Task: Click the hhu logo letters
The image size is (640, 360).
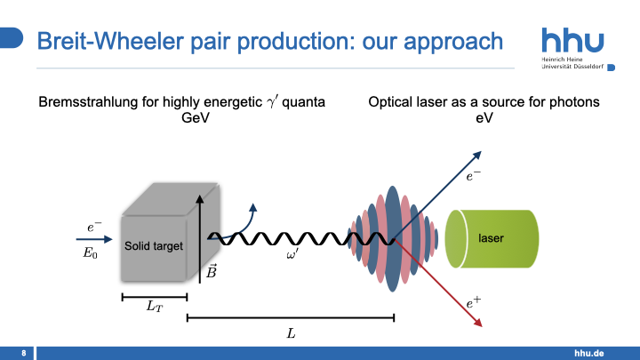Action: point(572,41)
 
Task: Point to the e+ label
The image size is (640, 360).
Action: point(474,304)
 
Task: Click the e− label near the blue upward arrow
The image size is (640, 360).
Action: point(474,177)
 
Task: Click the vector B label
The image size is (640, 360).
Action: point(211,272)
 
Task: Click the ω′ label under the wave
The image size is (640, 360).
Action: point(292,255)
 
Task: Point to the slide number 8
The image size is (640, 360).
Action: point(23,353)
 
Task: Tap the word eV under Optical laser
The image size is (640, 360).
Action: point(484,118)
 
